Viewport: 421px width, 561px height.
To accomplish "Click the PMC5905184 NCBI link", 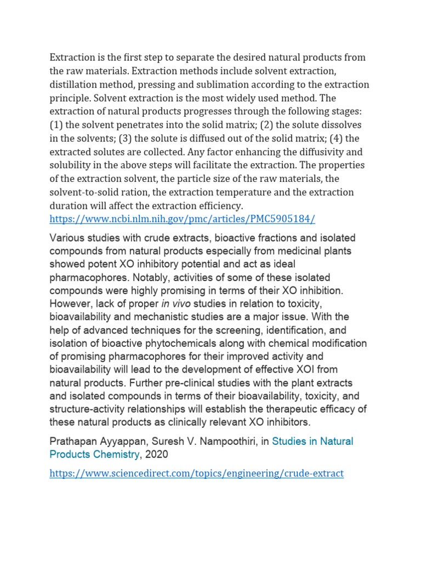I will pyautogui.click(x=183, y=219).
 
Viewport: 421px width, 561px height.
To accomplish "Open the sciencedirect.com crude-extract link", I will pyautogui.click(x=196, y=473).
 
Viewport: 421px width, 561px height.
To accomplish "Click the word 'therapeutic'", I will pyautogui.click(x=292, y=409).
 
